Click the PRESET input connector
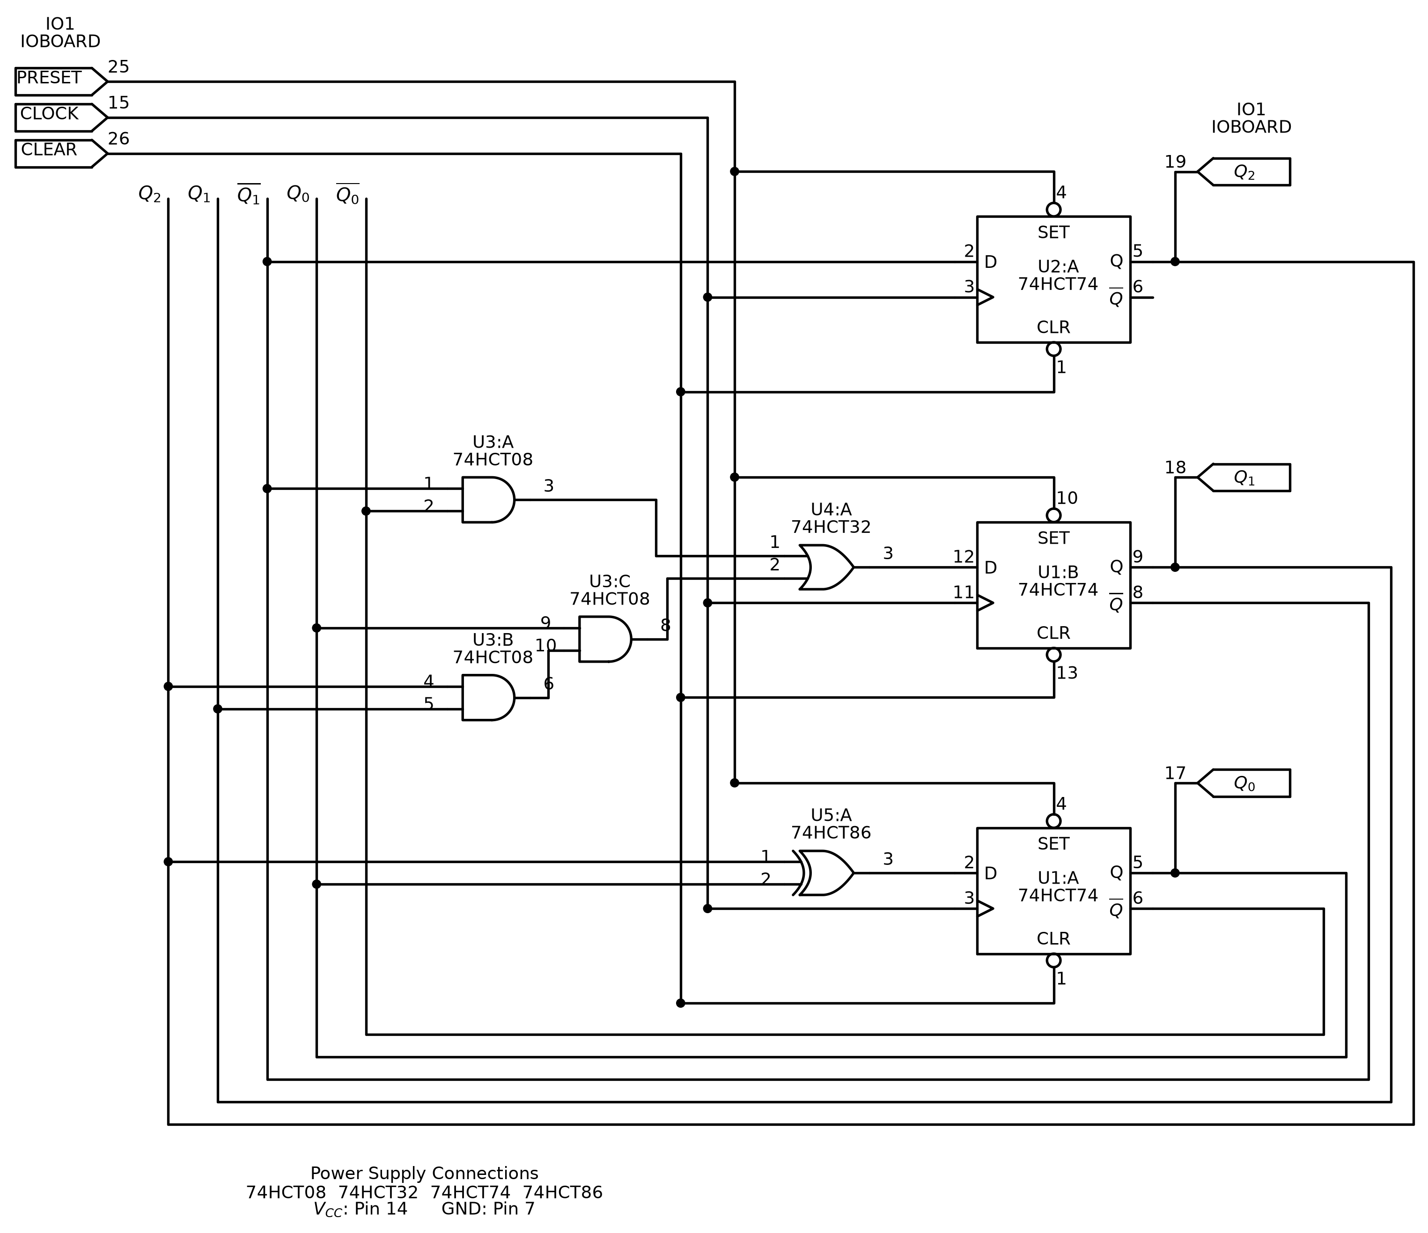tap(61, 81)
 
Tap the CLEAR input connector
tap(61, 153)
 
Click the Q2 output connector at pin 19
tap(1244, 171)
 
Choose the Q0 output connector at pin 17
tap(1244, 783)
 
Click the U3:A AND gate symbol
tap(488, 500)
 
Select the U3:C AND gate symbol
tap(605, 639)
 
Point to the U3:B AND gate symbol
tap(488, 697)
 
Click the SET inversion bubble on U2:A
tap(1054, 209)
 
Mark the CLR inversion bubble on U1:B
tap(1054, 655)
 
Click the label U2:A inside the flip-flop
tap(1058, 267)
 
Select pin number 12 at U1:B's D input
tap(964, 556)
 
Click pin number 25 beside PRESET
tap(118, 67)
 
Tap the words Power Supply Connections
tap(425, 1173)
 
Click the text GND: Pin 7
tap(488, 1209)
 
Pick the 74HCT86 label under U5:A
tap(831, 833)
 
